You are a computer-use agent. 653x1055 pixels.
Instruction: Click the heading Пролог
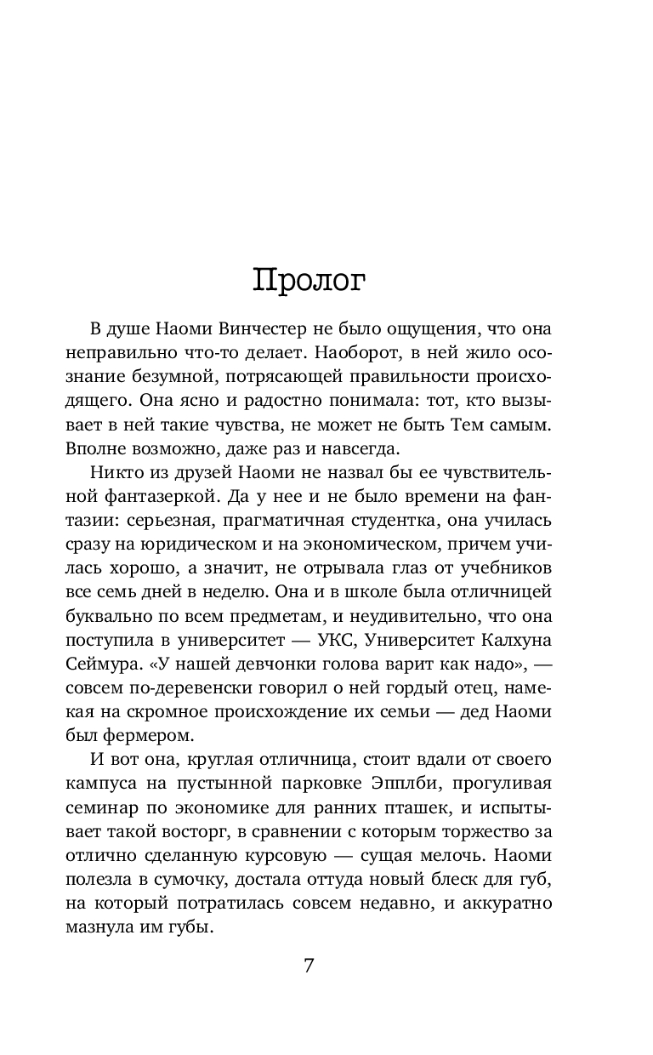309,280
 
